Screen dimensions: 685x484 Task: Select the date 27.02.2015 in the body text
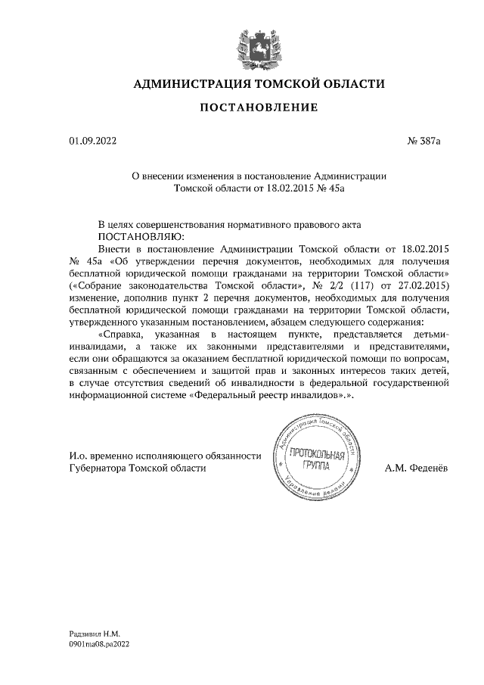422,285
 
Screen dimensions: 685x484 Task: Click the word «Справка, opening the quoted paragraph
125,334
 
